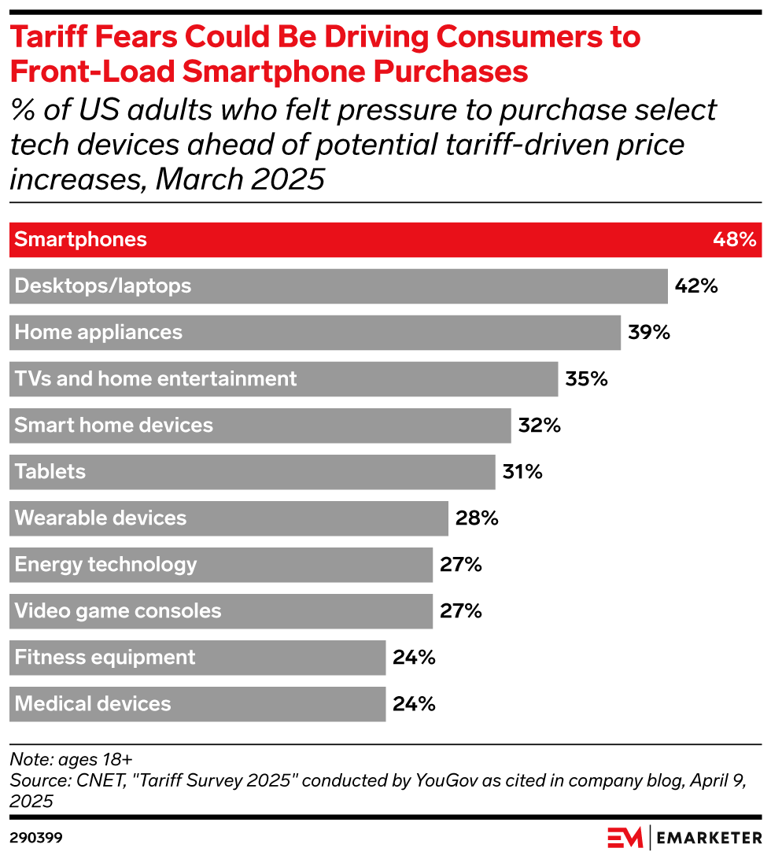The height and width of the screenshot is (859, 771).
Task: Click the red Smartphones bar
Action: point(385,239)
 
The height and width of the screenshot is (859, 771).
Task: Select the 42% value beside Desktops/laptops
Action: point(696,286)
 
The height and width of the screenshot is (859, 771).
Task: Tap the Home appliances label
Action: point(99,332)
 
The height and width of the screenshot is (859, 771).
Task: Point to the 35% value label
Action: point(587,378)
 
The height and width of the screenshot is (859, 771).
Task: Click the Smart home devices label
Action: point(114,425)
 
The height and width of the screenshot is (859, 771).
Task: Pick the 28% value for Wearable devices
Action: point(477,518)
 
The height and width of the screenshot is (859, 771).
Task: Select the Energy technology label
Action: point(106,564)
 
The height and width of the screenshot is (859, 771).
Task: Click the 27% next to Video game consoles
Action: point(461,610)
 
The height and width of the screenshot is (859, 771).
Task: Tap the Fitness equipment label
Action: point(105,657)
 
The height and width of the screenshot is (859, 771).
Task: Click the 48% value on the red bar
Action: point(734,239)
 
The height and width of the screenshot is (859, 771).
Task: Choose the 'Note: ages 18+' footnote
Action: point(71,759)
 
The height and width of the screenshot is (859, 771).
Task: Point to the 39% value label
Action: point(649,332)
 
